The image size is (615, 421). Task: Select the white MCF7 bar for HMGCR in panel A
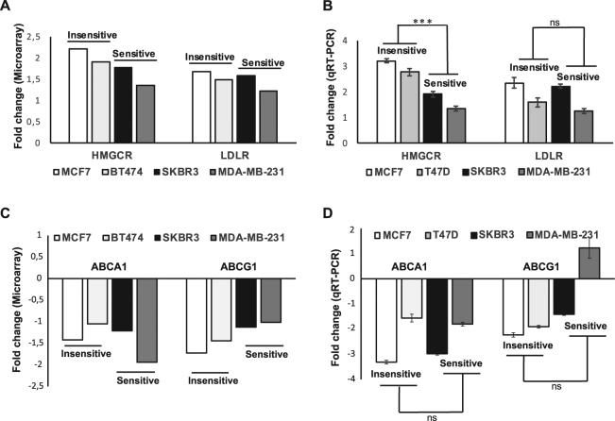pos(78,88)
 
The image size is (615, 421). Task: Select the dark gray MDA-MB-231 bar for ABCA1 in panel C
pos(149,320)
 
